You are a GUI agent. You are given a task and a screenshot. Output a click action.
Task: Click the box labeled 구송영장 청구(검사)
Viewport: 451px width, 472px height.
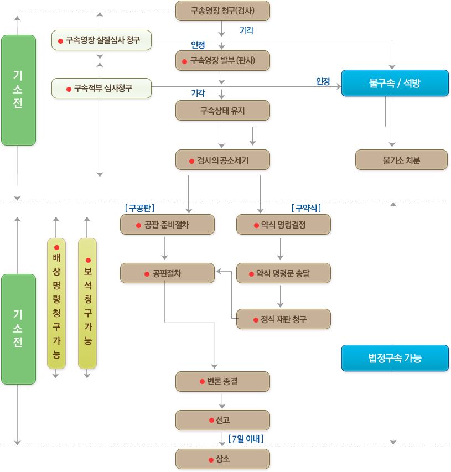coord(222,11)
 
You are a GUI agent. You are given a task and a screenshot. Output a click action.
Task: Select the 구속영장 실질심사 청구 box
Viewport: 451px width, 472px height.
coord(101,40)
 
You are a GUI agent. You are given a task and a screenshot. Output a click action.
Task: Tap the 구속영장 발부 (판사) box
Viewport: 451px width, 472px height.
coord(222,60)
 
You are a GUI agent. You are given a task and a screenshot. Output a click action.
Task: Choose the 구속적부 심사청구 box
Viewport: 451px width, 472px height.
coord(101,88)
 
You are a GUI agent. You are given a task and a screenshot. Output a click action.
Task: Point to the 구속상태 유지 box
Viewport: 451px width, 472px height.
coord(222,111)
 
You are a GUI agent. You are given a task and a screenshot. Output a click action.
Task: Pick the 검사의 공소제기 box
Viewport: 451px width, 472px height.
coord(222,160)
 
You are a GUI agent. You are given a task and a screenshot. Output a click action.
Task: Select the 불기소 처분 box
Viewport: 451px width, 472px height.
coord(401,160)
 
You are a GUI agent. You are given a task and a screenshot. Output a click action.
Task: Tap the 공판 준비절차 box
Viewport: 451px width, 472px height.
coord(167,225)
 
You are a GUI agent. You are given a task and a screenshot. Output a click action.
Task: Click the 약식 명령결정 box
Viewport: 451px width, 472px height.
coord(283,225)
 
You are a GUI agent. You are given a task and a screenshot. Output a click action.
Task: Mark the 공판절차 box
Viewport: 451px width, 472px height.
coord(167,273)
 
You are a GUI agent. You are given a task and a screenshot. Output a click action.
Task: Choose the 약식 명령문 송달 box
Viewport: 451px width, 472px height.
coord(283,273)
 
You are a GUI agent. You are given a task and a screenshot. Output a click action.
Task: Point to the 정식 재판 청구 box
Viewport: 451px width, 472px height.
coord(283,319)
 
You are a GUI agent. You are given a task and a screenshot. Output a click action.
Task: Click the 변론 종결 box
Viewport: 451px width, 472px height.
coord(222,381)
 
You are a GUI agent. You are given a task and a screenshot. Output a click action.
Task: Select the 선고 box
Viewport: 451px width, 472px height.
coord(222,420)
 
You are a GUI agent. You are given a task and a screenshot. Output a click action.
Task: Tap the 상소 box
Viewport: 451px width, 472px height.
coord(222,459)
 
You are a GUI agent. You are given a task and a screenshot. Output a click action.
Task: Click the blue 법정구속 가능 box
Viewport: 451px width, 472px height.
coord(394,358)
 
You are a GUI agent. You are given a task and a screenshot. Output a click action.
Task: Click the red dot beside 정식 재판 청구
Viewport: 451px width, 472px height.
coord(255,320)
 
